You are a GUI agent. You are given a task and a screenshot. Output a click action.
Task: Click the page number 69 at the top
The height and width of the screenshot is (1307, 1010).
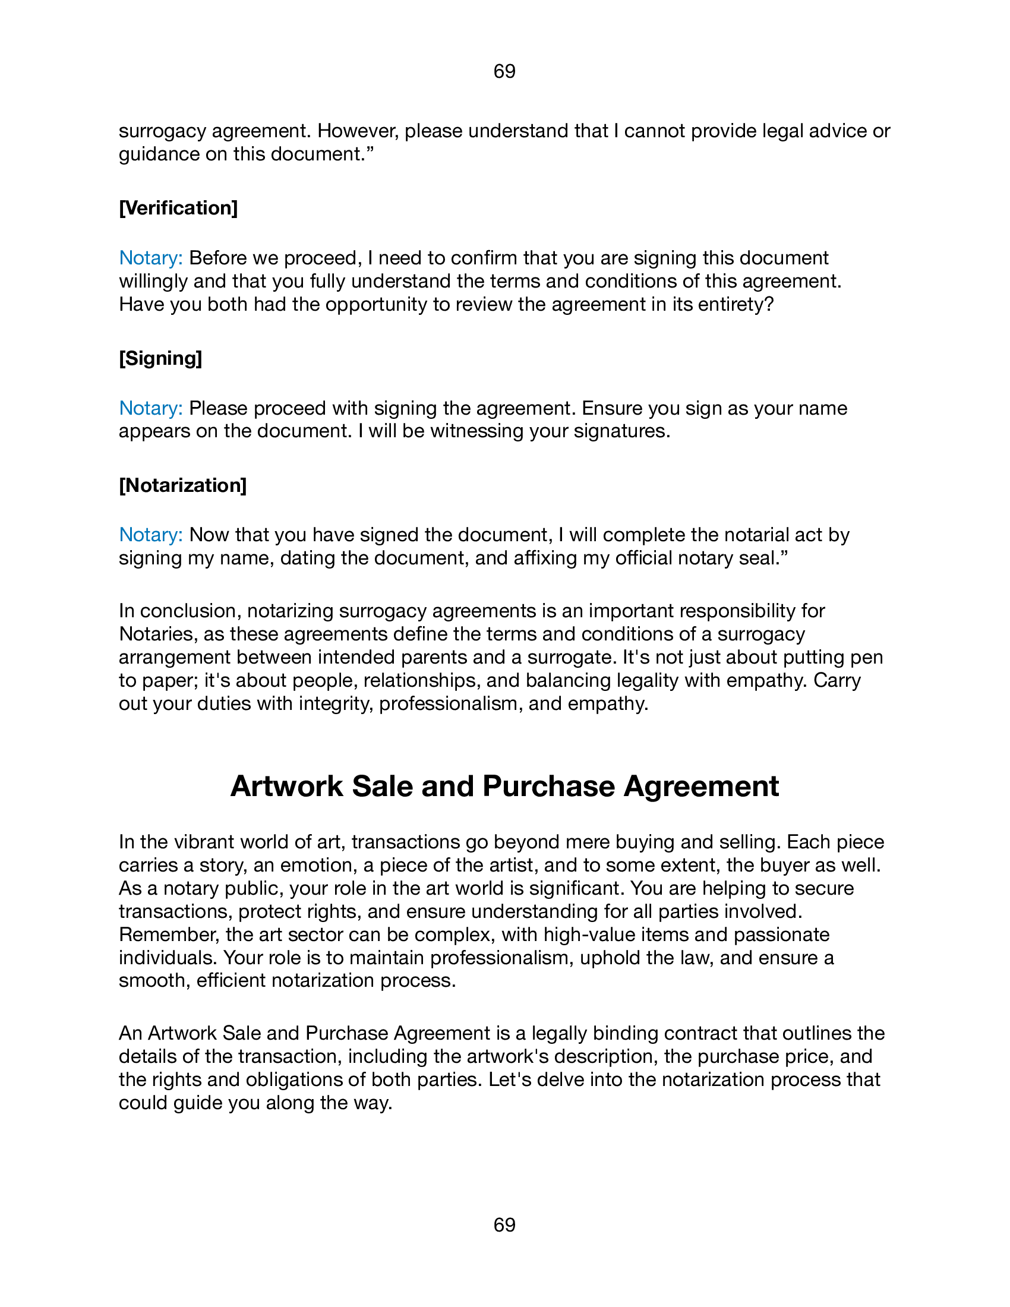(x=504, y=71)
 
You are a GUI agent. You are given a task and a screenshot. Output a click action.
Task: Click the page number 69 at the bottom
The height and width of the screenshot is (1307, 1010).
(x=504, y=1225)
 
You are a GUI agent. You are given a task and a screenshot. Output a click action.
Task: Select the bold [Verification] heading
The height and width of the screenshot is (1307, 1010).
(x=178, y=209)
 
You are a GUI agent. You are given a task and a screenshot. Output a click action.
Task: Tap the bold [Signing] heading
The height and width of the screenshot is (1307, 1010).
(x=160, y=358)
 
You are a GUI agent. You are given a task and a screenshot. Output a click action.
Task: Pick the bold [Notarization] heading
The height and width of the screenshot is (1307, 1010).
(x=182, y=485)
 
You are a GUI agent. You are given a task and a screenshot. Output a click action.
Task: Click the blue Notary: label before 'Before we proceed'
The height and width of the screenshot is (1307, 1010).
(x=151, y=258)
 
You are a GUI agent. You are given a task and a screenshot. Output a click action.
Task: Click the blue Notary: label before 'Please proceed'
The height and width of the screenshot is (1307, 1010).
(x=151, y=408)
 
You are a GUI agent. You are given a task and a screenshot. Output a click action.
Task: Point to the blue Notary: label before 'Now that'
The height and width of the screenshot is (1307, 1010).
(x=151, y=535)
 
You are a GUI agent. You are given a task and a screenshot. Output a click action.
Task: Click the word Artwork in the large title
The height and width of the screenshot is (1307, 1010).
(x=286, y=787)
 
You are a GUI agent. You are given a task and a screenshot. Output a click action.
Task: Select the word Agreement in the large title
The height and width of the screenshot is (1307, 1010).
(x=701, y=787)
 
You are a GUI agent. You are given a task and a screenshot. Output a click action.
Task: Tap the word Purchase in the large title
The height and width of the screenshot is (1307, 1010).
(x=548, y=787)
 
